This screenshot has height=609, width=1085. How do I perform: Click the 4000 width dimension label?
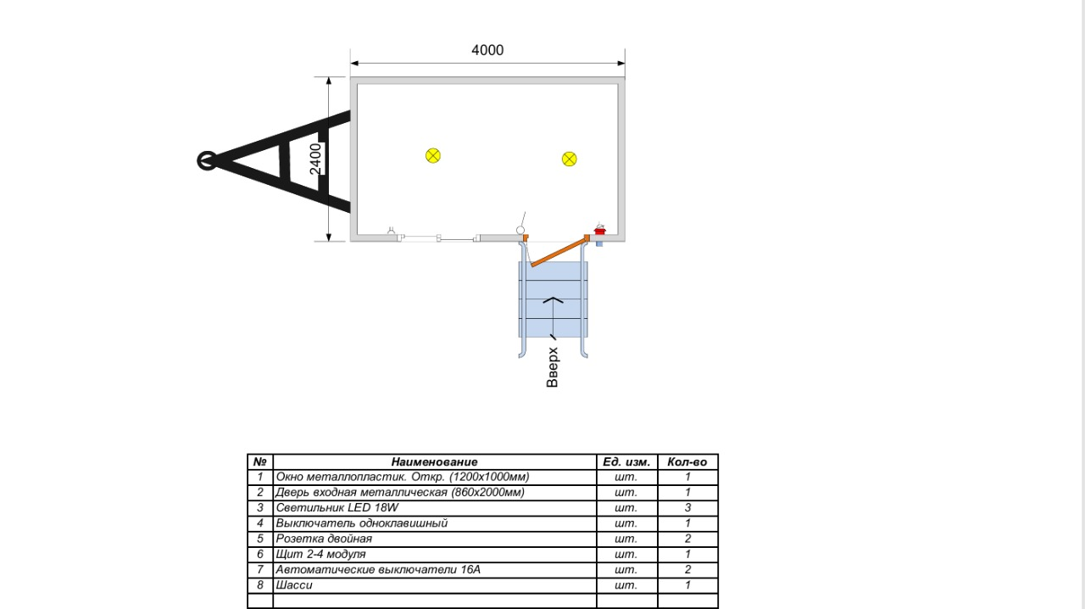coord(487,50)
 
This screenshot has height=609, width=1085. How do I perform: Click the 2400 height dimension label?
coord(315,159)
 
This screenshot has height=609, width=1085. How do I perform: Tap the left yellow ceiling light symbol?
coord(433,156)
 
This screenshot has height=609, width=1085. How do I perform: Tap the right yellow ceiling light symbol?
coord(569,159)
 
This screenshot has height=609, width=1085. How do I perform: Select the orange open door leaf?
coord(559,252)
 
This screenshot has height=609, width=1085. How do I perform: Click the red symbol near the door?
coord(599,231)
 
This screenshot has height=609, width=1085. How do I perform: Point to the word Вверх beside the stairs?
coord(552,367)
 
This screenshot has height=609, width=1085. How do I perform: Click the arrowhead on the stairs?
coord(554,300)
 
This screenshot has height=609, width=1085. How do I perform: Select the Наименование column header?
coord(435,461)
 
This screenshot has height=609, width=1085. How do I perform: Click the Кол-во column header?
coord(687,461)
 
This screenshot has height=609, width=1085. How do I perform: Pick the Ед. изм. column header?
coord(626,461)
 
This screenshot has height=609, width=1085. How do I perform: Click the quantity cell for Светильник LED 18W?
coord(687,508)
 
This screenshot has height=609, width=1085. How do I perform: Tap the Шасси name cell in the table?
coord(435,585)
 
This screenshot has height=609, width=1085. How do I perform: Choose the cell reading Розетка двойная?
coord(435,539)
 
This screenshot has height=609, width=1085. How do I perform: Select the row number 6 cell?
coord(260,554)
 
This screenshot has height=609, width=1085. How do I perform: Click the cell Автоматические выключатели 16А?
coord(435,570)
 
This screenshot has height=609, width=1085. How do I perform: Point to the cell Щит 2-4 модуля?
coord(435,554)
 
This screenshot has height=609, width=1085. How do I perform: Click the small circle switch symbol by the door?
coord(520,230)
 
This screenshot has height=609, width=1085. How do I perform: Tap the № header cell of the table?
coord(260,461)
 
